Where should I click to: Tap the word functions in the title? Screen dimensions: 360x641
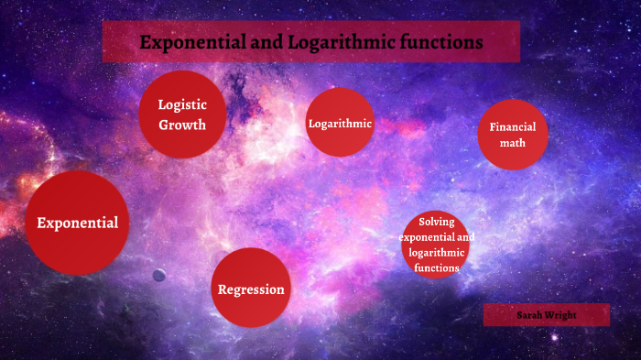click(441, 42)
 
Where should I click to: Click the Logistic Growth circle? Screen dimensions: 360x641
click(182, 115)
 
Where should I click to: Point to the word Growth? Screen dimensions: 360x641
click(182, 125)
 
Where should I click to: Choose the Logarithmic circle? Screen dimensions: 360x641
click(340, 123)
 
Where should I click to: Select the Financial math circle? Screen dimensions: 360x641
click(512, 135)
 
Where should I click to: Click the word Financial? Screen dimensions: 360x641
click(512, 127)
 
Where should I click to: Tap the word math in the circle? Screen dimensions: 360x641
click(512, 143)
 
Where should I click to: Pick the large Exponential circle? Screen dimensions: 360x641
click(77, 223)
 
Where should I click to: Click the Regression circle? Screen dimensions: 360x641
click(251, 289)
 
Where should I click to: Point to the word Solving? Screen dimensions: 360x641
click(437, 222)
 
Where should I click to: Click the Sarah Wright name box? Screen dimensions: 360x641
click(546, 315)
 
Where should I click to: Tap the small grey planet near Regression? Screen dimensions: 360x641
click(158, 275)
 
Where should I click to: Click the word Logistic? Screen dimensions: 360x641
click(182, 104)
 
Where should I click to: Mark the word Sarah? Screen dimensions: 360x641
click(529, 315)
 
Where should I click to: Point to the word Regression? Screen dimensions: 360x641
click(251, 289)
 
